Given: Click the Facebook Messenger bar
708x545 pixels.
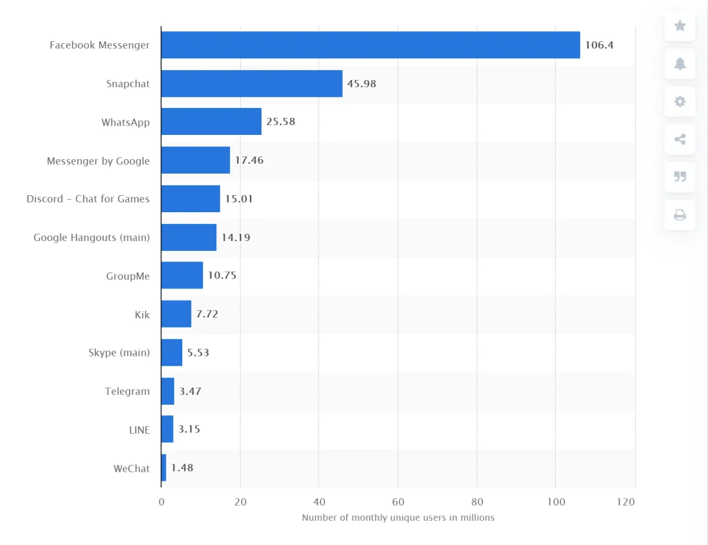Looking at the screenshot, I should pos(370,45).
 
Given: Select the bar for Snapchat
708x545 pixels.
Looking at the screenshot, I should pos(252,84).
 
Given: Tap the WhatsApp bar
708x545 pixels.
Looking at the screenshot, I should pos(211,122).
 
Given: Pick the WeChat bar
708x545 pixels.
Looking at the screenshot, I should pos(164,468).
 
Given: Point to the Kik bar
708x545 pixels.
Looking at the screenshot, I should pos(176,314).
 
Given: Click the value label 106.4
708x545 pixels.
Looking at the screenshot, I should pos(599,45).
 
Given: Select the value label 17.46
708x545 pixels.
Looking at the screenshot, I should pos(249,160).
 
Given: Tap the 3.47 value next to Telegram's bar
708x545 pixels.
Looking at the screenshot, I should pos(190,391).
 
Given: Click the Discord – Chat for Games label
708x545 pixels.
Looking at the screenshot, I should pos(88,199).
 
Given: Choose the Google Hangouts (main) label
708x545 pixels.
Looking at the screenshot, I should pos(92,238).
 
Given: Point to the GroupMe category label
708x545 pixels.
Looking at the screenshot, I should pos(128,276).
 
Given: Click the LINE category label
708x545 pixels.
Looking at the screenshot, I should pos(139,430).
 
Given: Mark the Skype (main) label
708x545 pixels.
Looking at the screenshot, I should pos(119,353).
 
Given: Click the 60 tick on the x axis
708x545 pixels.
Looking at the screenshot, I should pos(398,502).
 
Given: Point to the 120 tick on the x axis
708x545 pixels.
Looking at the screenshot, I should pos(626,502).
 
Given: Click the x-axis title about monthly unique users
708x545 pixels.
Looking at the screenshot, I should pos(398,517).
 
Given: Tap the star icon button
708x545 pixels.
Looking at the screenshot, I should pos(680,26).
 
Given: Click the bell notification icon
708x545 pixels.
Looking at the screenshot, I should pos(680,64).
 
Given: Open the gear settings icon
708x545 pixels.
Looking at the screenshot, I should pos(680,102).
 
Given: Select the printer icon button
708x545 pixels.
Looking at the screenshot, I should pos(680,215).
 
